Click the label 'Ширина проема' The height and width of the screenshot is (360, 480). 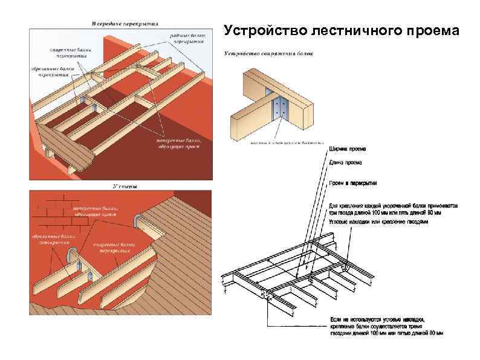(x=347, y=149)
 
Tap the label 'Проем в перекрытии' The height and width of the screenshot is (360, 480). (x=353, y=183)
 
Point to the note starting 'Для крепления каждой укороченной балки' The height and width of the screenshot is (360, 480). (x=394, y=209)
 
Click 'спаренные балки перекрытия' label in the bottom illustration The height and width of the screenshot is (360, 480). (x=112, y=249)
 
